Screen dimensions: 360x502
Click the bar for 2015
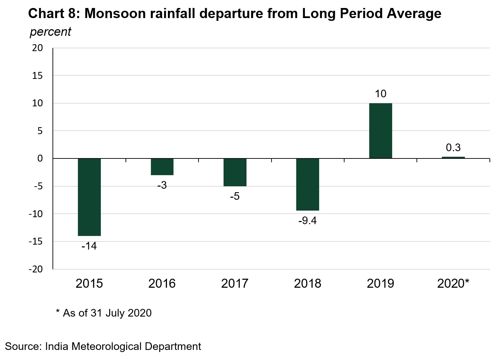pyautogui.click(x=89, y=197)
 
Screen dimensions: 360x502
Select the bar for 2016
pyautogui.click(x=162, y=167)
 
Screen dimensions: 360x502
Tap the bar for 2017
pyautogui.click(x=235, y=172)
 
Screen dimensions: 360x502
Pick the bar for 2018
pyautogui.click(x=308, y=185)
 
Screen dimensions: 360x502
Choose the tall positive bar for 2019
pyautogui.click(x=381, y=131)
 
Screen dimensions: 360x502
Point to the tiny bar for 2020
pyautogui.click(x=453, y=157)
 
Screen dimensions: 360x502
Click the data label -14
pyautogui.click(x=89, y=246)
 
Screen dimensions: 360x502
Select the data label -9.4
pyautogui.click(x=308, y=221)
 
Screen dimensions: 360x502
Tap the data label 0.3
pyautogui.click(x=453, y=148)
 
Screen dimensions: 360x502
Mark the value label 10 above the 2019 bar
pyautogui.click(x=381, y=94)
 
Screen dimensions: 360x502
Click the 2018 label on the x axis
pyautogui.click(x=308, y=284)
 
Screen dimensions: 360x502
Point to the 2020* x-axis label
pyautogui.click(x=453, y=284)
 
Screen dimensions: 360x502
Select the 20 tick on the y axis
pyautogui.click(x=38, y=48)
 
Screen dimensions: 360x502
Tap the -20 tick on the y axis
pyautogui.click(x=36, y=269)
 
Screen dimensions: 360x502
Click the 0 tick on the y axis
pyautogui.click(x=40, y=158)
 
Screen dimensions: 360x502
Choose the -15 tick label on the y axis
pyautogui.click(x=36, y=242)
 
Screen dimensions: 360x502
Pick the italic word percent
pyautogui.click(x=50, y=32)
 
